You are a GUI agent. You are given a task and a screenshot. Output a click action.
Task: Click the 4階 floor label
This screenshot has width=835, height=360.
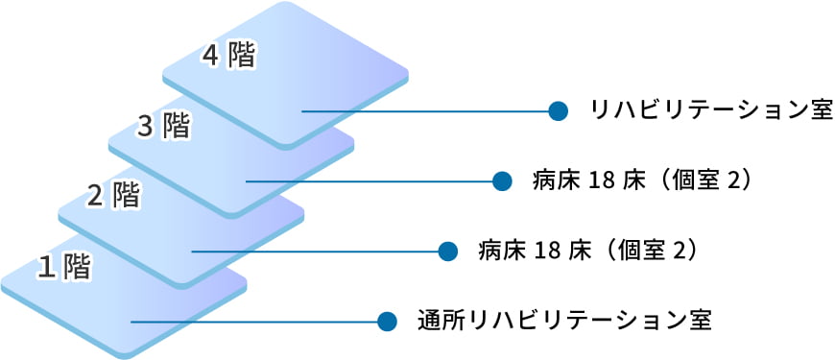[x=228, y=56]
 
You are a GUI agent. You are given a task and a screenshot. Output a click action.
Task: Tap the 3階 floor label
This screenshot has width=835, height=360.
[x=163, y=125]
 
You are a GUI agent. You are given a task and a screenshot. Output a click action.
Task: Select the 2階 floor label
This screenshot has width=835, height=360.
[x=113, y=196]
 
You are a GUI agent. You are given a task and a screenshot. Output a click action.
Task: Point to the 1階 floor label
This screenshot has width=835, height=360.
[x=63, y=267]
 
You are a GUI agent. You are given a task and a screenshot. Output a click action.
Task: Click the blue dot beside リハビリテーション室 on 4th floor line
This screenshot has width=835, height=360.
[x=557, y=110]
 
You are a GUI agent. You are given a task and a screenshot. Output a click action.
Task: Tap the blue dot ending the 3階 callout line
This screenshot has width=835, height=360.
[x=500, y=180]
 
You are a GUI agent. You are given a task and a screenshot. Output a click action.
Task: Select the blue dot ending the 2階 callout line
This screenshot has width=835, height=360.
[x=446, y=251]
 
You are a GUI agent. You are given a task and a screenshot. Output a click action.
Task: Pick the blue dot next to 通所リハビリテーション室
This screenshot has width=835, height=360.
[x=387, y=321]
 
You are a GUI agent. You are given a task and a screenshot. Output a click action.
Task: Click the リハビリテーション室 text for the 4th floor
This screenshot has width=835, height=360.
[x=711, y=110]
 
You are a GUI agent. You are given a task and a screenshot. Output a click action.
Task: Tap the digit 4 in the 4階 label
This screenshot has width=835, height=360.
[x=210, y=56]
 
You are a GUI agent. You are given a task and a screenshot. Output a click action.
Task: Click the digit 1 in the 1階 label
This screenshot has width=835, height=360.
[x=44, y=268]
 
